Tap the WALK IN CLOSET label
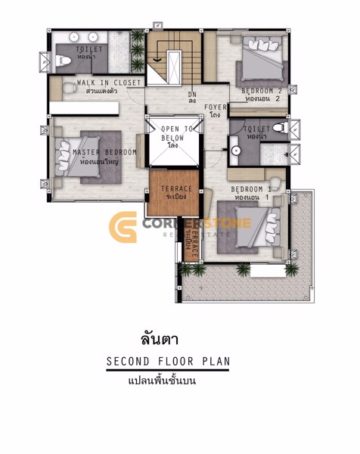click(107, 83)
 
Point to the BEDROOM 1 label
click(251, 188)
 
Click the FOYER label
click(216, 107)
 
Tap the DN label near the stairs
click(192, 95)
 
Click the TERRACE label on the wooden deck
click(175, 188)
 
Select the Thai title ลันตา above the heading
click(159, 338)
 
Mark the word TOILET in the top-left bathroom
click(88, 48)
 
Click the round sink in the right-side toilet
click(235, 151)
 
